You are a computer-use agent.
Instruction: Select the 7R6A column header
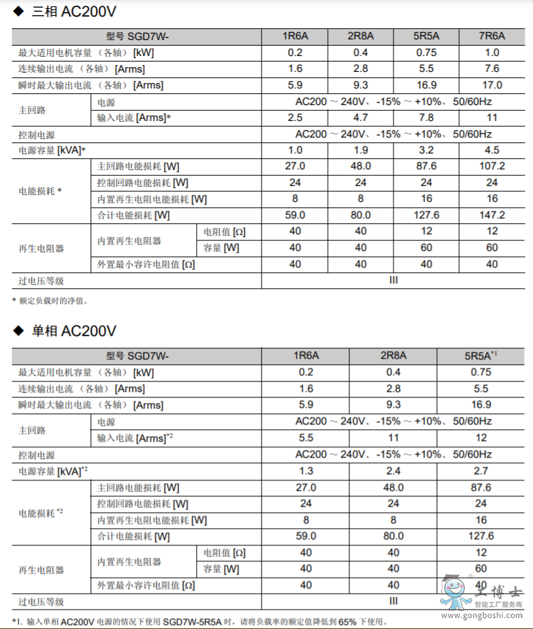492,36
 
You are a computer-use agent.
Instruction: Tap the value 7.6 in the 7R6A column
492,68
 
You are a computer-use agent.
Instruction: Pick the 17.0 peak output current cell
492,85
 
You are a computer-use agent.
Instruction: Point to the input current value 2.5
295,118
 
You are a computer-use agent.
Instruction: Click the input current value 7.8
426,118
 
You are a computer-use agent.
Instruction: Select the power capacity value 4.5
492,150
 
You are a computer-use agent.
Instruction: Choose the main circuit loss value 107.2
492,166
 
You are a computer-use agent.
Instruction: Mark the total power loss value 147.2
492,215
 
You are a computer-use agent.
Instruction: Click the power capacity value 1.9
360,150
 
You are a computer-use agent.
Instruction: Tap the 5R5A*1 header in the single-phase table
481,355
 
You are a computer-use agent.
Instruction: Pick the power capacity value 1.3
306,471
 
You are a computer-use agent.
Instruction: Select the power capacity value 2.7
481,471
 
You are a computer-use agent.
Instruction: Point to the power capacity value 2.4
394,471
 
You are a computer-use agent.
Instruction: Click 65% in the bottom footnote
349,621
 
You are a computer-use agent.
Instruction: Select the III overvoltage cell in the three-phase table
394,280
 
